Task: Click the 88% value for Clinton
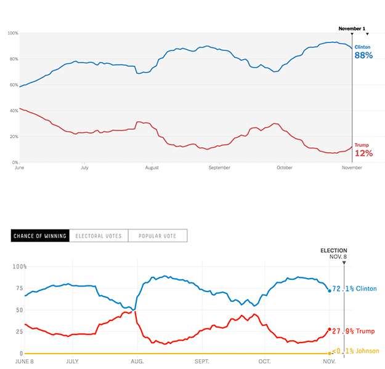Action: (x=363, y=55)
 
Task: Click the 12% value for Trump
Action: (x=363, y=153)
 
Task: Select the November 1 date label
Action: (x=352, y=28)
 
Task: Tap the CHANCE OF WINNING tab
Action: (x=40, y=236)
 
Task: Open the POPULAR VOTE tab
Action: (x=158, y=236)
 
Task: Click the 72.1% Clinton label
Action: (x=354, y=288)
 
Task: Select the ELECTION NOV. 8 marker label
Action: (x=334, y=254)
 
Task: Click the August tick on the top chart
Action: (x=152, y=167)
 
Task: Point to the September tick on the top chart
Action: (x=219, y=167)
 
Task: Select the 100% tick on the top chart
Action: (x=13, y=33)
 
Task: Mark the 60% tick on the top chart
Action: (x=13, y=85)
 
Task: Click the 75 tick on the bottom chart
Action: (x=17, y=288)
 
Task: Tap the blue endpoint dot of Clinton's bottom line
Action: (x=330, y=290)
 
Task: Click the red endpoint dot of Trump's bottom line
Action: (x=330, y=330)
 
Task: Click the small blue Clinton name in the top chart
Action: (x=362, y=46)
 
